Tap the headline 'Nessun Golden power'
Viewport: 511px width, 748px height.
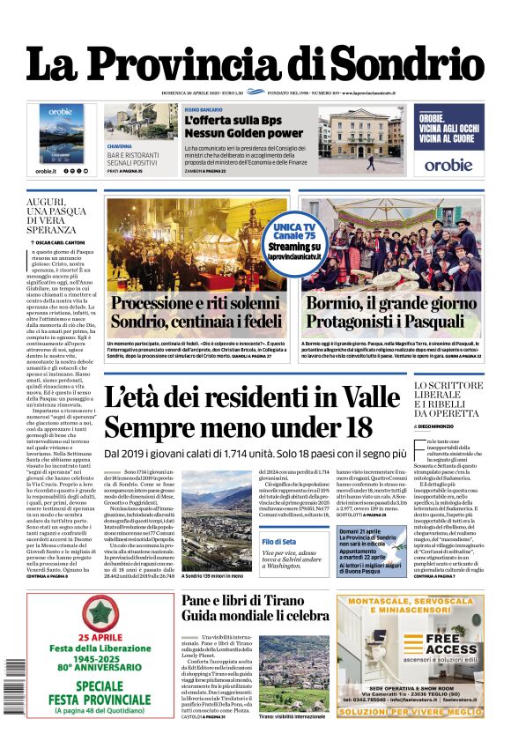243,134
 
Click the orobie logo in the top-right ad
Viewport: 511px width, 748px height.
448,164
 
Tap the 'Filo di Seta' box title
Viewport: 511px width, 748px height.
278,540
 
